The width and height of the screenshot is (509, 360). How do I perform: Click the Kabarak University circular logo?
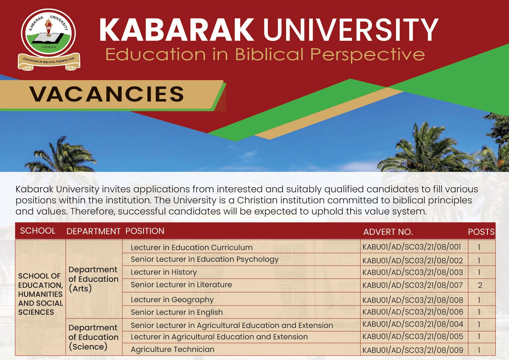pyautogui.click(x=49, y=33)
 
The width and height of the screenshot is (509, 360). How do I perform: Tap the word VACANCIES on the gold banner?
pyautogui.click(x=107, y=94)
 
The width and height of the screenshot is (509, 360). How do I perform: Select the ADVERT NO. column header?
pyautogui.click(x=388, y=232)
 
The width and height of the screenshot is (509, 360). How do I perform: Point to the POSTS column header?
pyautogui.click(x=481, y=232)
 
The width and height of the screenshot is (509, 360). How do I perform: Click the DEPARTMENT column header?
pyautogui.click(x=93, y=231)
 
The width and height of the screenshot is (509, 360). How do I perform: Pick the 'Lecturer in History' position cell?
pyautogui.click(x=164, y=272)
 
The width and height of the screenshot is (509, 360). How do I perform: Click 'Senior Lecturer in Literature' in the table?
pyautogui.click(x=181, y=285)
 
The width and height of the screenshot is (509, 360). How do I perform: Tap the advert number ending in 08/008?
pyautogui.click(x=413, y=300)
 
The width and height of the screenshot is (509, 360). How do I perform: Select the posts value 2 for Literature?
pyautogui.click(x=480, y=285)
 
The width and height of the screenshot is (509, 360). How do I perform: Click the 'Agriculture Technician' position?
pyautogui.click(x=173, y=349)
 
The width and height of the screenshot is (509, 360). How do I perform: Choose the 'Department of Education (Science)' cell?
pyautogui.click(x=93, y=337)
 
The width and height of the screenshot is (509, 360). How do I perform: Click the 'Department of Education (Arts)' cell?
pyautogui.click(x=93, y=279)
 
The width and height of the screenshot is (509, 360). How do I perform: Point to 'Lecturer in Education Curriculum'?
pyautogui.click(x=191, y=247)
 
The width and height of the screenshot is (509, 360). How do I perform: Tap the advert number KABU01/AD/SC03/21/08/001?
pyautogui.click(x=412, y=247)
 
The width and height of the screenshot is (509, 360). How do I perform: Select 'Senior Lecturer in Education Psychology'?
pyautogui.click(x=205, y=259)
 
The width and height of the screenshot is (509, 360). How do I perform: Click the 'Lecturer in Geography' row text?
pyautogui.click(x=172, y=300)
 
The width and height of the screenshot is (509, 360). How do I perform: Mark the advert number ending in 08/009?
pyautogui.click(x=413, y=350)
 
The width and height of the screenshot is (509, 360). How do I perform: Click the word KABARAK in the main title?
pyautogui.click(x=176, y=30)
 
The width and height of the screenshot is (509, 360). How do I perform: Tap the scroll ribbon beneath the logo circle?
pyautogui.click(x=49, y=62)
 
